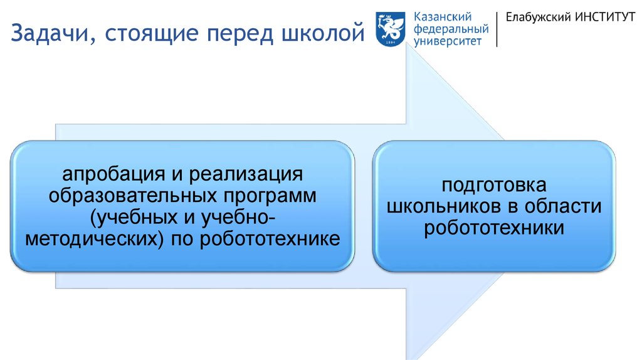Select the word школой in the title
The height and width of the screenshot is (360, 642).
323,33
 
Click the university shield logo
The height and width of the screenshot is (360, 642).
390,29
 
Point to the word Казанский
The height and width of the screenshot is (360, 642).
443,17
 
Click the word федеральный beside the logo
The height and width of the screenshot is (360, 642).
451,29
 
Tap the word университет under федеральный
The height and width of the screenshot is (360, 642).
448,41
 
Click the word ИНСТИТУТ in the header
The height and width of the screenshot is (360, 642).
605,17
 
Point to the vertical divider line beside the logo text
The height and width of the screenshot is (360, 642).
497,29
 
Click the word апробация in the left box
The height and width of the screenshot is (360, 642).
114,174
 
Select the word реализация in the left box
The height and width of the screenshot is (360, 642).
246,174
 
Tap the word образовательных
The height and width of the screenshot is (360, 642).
133,195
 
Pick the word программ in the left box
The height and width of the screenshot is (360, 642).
270,196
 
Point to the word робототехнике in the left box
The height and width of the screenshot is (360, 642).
270,239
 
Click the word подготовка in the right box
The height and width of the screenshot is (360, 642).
494,185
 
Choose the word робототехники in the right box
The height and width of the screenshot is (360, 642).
494,228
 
